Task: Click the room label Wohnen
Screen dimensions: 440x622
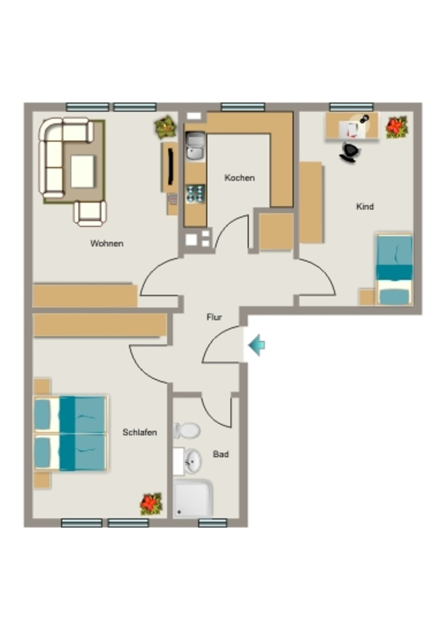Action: coord(107,243)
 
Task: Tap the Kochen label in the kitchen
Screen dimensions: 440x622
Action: coord(239,177)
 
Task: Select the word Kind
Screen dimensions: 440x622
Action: coord(365,207)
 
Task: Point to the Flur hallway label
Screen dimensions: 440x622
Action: coord(215,317)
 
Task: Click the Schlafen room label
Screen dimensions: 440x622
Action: coord(140,432)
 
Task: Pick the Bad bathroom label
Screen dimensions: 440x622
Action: coord(221,454)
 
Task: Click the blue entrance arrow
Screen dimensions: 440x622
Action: coord(256,345)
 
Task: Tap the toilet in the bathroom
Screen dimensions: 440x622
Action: coord(187,431)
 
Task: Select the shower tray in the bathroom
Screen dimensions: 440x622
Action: coord(193,498)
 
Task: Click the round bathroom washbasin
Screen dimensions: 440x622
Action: coord(193,461)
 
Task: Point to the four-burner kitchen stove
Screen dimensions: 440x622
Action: coord(195,194)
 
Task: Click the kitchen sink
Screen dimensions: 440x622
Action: coord(195,146)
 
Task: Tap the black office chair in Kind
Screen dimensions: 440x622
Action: coord(350,152)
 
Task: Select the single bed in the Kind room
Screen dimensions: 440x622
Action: coord(394,269)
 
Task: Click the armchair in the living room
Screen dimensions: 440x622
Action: coord(90,213)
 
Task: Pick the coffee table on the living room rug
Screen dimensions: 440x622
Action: coord(83,171)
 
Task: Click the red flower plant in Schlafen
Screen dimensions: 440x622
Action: coord(151,504)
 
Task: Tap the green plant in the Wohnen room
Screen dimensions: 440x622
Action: coord(165,127)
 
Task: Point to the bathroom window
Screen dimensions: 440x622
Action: coord(213,523)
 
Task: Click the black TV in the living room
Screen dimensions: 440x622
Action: coord(171,166)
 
